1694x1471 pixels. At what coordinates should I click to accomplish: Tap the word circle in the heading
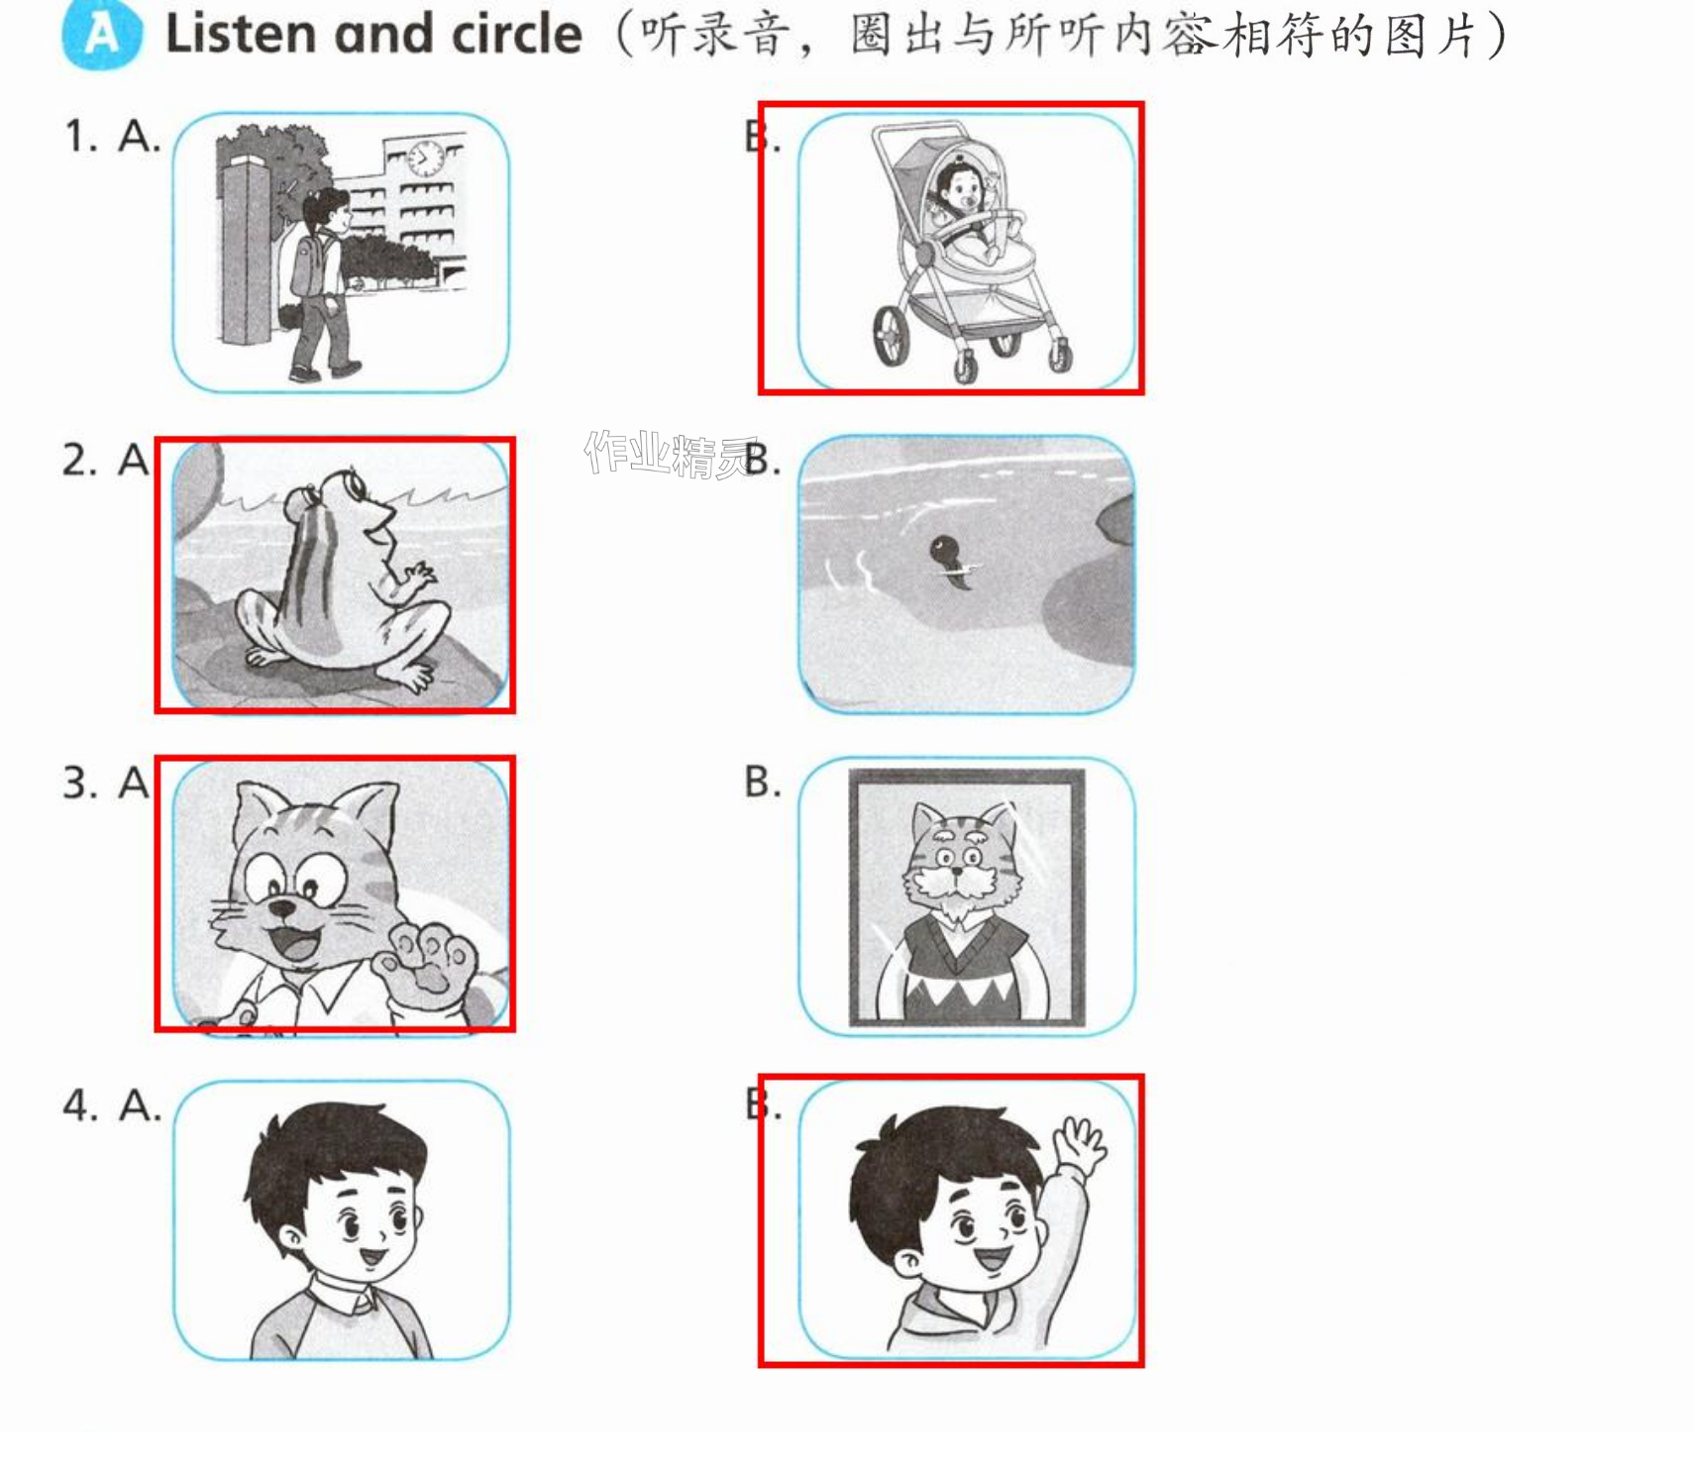tap(516, 34)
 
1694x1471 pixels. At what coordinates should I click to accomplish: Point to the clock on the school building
tap(426, 157)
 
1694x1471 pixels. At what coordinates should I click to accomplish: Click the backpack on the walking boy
tap(308, 261)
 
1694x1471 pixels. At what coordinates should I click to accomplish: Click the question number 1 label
tap(80, 136)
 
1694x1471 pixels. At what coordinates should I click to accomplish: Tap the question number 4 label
tap(80, 1104)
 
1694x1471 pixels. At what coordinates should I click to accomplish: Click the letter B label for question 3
tap(763, 782)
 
